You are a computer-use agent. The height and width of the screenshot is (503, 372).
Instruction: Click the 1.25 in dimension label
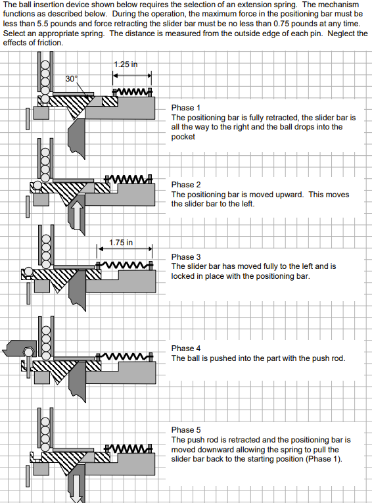coord(126,64)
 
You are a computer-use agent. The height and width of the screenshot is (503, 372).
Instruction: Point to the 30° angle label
coord(71,78)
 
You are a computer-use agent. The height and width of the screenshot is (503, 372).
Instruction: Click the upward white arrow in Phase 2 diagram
coord(76,214)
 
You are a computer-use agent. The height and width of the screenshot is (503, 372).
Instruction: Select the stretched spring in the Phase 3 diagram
coord(125,266)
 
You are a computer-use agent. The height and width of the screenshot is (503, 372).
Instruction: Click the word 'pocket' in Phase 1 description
coord(183,137)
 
